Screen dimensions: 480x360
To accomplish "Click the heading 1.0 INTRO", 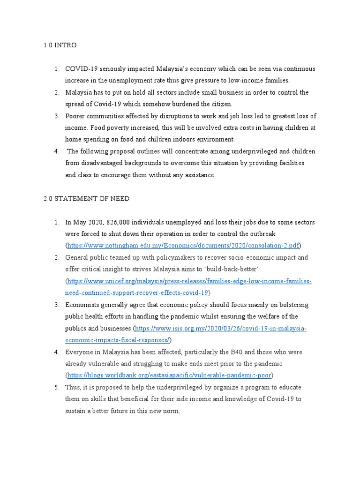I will (60, 45).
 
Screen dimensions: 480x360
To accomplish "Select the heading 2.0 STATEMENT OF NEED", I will (86, 198).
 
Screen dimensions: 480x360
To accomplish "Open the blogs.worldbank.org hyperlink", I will (170, 375).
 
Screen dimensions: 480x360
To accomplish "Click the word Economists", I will (82, 305).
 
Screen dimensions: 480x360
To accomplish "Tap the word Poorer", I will (75, 116).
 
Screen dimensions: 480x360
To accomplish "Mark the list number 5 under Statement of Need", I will (56, 387).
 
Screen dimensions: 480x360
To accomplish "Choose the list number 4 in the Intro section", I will (56, 151).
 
